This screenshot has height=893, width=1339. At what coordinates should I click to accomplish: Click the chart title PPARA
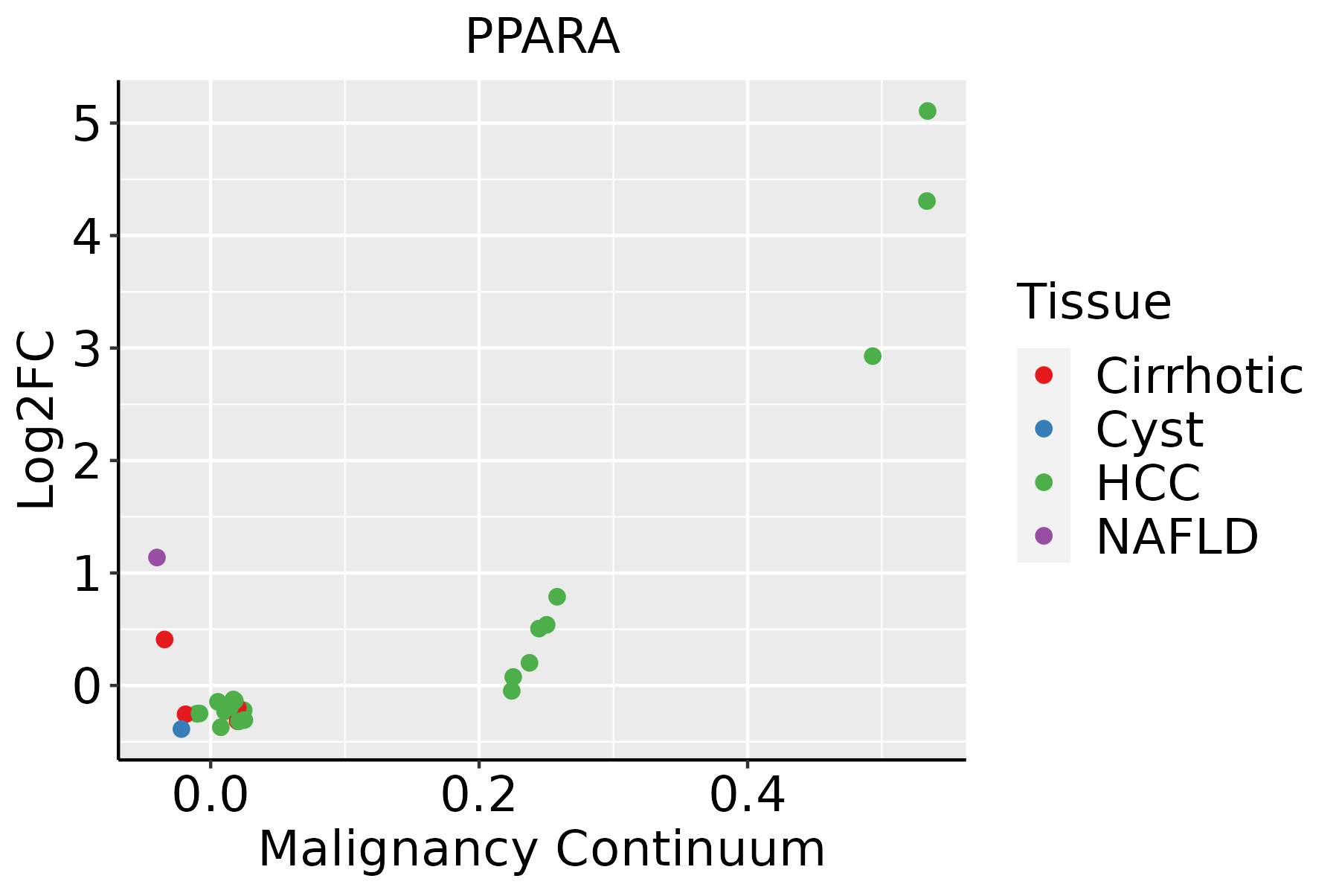tap(542, 37)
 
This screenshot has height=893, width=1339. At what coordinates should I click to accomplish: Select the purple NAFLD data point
tap(156, 557)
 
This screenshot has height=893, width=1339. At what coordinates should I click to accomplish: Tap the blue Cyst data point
tap(182, 729)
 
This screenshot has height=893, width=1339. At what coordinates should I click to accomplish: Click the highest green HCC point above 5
tap(927, 111)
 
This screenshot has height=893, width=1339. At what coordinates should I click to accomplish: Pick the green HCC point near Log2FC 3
tap(873, 356)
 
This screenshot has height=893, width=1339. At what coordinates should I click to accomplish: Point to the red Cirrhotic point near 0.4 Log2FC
tap(164, 639)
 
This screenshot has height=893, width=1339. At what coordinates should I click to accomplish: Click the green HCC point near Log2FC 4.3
tap(926, 201)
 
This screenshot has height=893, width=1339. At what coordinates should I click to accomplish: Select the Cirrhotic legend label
tap(1198, 376)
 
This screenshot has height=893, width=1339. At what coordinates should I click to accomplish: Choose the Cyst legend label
tap(1149, 429)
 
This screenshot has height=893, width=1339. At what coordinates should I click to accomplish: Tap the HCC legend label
tap(1148, 483)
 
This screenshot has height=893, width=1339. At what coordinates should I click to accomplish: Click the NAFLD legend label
tap(1177, 537)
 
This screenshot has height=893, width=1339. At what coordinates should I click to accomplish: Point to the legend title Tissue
tap(1094, 302)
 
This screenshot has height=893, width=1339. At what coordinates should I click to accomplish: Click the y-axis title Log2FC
tap(37, 420)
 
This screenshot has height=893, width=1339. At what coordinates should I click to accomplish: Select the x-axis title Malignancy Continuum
tap(542, 849)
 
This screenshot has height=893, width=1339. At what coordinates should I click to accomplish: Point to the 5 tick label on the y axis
tap(86, 124)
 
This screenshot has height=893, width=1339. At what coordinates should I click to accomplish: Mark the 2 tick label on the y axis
tap(86, 461)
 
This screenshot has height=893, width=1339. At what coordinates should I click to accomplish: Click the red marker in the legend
tap(1044, 375)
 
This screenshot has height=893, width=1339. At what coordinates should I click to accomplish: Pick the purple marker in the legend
tap(1044, 536)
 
